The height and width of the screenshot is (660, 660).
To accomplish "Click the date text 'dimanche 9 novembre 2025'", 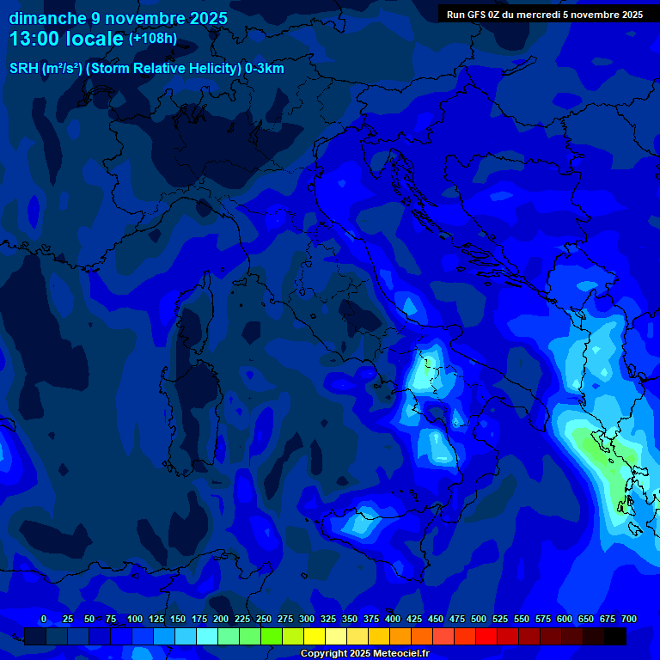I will (118, 18).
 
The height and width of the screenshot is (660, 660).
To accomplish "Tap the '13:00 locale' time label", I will (66, 39).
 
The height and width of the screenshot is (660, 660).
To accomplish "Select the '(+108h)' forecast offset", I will (153, 39).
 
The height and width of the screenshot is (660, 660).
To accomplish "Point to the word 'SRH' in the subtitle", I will (24, 69).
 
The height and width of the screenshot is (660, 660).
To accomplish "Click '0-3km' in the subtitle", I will (265, 69).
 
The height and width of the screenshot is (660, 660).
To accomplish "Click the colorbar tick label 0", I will (44, 620).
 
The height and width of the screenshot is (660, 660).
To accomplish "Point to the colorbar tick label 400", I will (392, 620).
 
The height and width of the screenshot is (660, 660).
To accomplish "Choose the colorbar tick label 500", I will (478, 620).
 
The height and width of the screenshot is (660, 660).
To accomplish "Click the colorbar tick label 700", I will (628, 620).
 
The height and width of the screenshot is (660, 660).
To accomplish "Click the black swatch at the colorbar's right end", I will (615, 637).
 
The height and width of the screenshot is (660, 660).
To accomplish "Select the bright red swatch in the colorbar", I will (486, 637).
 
